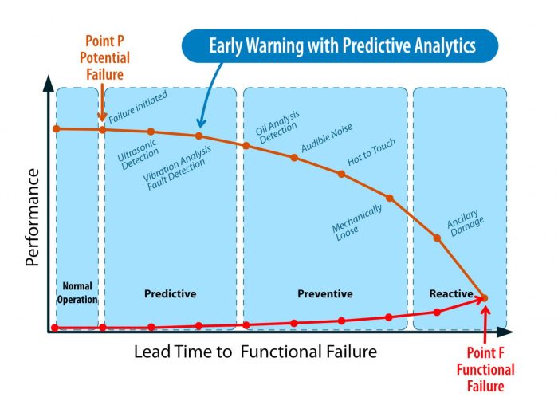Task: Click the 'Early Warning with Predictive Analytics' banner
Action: (x=340, y=46)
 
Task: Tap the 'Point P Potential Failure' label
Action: (x=104, y=57)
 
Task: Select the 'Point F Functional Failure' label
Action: (x=485, y=369)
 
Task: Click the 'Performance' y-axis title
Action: (x=33, y=218)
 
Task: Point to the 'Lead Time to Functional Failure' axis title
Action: (x=255, y=352)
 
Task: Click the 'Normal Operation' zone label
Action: (x=77, y=293)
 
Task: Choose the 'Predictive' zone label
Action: (x=170, y=293)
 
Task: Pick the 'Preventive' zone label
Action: (x=325, y=293)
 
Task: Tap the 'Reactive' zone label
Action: (x=451, y=293)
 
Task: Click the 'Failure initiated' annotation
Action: (x=138, y=107)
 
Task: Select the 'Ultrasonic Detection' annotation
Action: (x=138, y=155)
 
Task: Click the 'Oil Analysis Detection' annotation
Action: (x=277, y=127)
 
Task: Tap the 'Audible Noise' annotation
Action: (x=327, y=138)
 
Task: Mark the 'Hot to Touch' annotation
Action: (x=371, y=151)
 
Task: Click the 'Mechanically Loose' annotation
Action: (x=357, y=222)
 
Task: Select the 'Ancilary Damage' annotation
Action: (x=466, y=222)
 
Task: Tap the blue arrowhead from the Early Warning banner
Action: (x=201, y=123)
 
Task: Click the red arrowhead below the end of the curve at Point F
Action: (x=485, y=310)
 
